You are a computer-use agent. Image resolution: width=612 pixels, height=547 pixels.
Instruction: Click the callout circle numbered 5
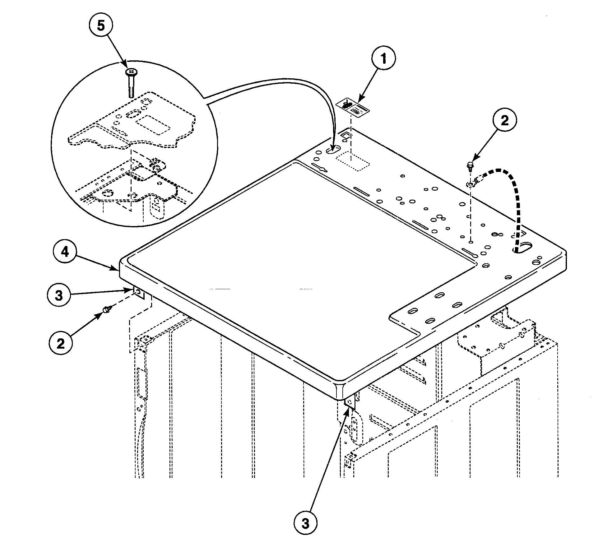coord(101,26)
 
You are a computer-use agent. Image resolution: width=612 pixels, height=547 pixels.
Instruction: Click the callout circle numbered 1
coord(383,59)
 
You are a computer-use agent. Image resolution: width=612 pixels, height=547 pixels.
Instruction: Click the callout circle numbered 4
coord(65,252)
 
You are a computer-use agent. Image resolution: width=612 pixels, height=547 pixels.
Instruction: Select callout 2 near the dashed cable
coord(504,121)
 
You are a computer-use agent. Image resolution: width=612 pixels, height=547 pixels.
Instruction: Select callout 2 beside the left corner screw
coord(61,344)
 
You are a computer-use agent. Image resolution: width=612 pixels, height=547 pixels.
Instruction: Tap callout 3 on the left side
coord(59,295)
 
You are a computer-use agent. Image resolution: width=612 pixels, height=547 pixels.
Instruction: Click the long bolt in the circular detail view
coord(131,82)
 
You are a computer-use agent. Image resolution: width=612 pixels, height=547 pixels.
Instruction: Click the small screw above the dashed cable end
coord(471,165)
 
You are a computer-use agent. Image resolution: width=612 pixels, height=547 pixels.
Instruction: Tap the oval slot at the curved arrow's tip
coord(333,150)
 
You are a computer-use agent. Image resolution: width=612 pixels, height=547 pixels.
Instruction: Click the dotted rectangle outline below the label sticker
coord(353,162)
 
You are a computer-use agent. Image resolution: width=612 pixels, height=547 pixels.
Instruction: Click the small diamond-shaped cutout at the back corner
coord(346,135)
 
